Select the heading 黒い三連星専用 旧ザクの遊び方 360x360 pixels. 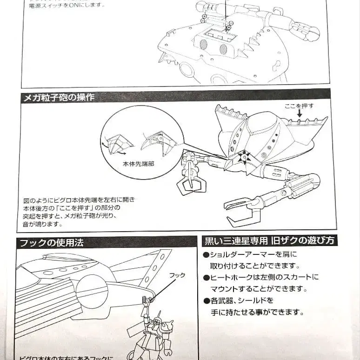(270, 241)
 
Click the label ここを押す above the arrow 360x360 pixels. (299, 106)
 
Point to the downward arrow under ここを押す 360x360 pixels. (299, 113)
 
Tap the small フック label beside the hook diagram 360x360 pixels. (177, 275)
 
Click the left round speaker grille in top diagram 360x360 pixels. (204, 45)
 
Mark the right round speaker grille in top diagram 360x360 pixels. (223, 49)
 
